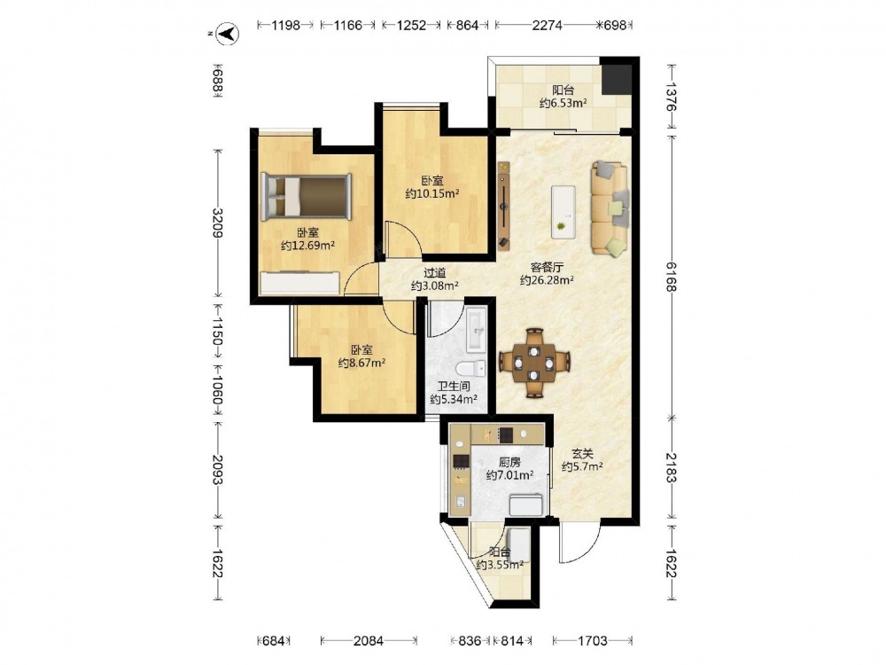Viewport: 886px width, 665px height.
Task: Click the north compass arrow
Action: pyautogui.click(x=228, y=34)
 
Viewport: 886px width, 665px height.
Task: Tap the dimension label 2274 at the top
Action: pyautogui.click(x=547, y=25)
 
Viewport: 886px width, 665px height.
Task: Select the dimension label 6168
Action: pyautogui.click(x=671, y=277)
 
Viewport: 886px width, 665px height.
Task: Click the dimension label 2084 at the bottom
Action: pyautogui.click(x=369, y=641)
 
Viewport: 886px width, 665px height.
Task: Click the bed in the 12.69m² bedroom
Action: pyautogui.click(x=307, y=196)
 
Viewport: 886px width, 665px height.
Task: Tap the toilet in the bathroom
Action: pyautogui.click(x=470, y=369)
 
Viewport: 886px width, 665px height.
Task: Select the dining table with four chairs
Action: pyautogui.click(x=534, y=363)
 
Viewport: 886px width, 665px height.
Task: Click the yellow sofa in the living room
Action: pyautogui.click(x=610, y=208)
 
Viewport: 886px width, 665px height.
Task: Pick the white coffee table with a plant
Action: pyautogui.click(x=563, y=212)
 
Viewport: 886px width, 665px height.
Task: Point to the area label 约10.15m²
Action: pyautogui.click(x=432, y=194)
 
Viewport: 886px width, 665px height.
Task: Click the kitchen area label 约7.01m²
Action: pyautogui.click(x=510, y=475)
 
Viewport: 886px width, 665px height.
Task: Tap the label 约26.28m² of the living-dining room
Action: pyautogui.click(x=547, y=280)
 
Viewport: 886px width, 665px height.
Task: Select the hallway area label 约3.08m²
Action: pyautogui.click(x=434, y=286)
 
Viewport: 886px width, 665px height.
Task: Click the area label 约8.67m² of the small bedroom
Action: pyautogui.click(x=361, y=363)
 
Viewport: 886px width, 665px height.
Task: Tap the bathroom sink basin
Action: pyautogui.click(x=475, y=330)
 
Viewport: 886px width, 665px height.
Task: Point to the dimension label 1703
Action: pyautogui.click(x=592, y=641)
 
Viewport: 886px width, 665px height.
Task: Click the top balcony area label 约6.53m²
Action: pyautogui.click(x=563, y=103)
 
